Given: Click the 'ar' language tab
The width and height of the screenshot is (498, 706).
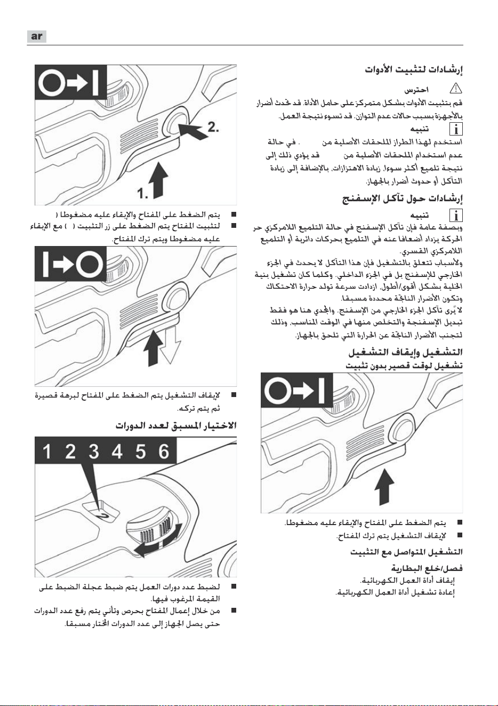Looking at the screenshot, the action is [37, 36].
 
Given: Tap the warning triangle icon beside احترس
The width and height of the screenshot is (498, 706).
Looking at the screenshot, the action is [455, 89].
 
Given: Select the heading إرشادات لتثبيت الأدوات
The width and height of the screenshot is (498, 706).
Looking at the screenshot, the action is [414, 70].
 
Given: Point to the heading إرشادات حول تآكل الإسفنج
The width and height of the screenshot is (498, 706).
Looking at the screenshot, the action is [403, 199].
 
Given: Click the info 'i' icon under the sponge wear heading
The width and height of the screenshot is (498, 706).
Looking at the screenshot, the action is [455, 215].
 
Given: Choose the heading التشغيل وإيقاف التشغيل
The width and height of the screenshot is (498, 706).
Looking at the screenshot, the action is [405, 352].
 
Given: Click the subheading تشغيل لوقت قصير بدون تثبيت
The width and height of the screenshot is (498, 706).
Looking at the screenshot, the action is [404, 366].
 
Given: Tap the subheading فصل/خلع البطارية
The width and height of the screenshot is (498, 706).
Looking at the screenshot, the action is [427, 568].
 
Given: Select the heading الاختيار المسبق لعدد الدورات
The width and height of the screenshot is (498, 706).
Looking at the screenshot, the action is [176, 426].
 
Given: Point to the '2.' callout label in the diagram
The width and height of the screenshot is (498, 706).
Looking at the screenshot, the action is [213, 128].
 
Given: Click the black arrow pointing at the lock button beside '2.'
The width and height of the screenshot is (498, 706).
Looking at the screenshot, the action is [194, 130].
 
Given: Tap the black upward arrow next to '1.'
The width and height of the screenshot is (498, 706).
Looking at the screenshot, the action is [158, 180].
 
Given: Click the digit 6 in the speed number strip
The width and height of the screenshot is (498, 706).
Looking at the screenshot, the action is [164, 451].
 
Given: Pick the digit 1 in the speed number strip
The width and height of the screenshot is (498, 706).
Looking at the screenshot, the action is [46, 451].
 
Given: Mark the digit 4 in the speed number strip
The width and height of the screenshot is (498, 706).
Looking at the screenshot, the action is [117, 451].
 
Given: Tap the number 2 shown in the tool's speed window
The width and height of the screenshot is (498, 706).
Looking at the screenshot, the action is [103, 516].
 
